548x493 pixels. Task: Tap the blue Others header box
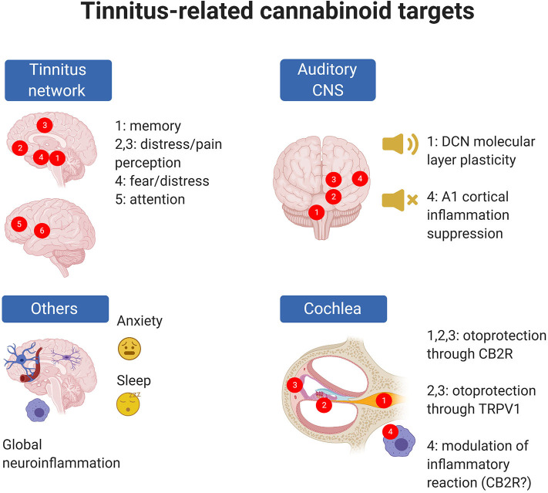click(x=50, y=309)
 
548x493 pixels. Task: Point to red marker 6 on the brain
click(x=43, y=230)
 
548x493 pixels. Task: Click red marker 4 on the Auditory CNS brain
click(x=358, y=179)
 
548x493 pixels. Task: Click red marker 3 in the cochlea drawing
click(x=294, y=384)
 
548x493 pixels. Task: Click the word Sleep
click(x=133, y=380)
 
